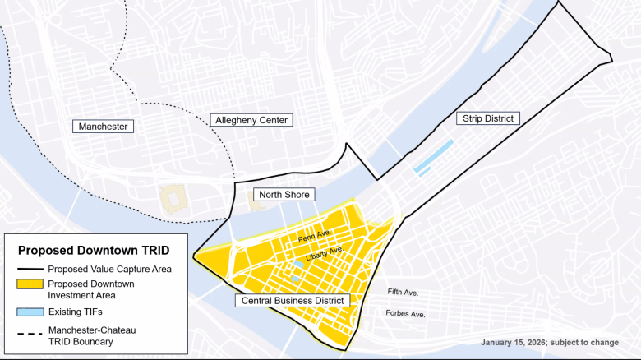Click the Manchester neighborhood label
point(104,127)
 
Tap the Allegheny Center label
point(251,120)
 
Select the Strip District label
point(488,118)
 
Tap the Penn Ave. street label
point(314,236)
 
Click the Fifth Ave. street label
point(403,293)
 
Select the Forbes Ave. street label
point(405,314)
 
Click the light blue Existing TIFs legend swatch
point(29,312)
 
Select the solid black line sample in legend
point(29,269)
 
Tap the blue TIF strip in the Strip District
point(433,156)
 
